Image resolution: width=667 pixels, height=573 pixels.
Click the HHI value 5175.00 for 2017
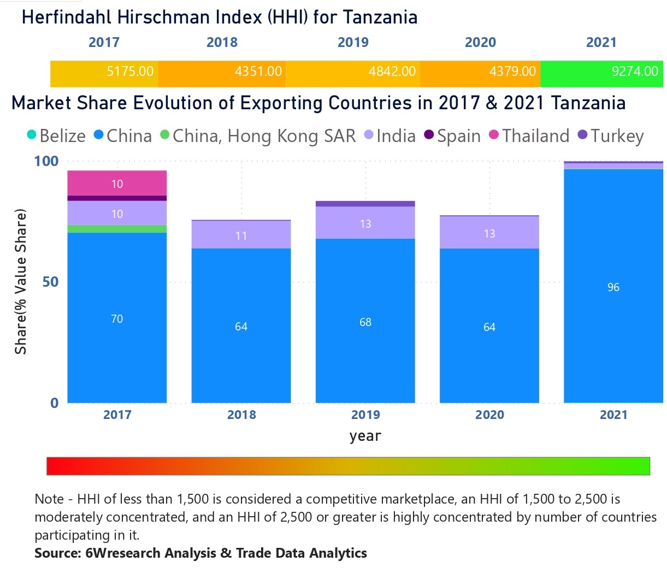tap(130, 72)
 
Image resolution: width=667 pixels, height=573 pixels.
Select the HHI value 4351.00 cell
tap(258, 72)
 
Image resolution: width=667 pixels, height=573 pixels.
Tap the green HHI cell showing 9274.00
tap(634, 72)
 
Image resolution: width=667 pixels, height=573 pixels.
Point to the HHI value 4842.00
tap(392, 72)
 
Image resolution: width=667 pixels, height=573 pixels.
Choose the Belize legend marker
tap(32, 135)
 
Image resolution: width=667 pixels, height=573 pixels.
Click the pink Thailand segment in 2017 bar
tap(117, 183)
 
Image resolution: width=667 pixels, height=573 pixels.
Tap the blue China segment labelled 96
tap(613, 287)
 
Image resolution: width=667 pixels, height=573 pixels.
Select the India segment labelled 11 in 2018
tap(241, 235)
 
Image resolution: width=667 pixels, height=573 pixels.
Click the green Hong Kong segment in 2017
tap(117, 228)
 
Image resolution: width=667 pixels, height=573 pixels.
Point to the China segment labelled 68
tap(365, 322)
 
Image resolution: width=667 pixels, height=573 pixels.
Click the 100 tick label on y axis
tap(46, 161)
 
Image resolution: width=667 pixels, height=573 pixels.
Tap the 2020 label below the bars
tap(489, 415)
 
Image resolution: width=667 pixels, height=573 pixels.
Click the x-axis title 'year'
tap(365, 436)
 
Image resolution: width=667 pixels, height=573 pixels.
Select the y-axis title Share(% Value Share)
tap(21, 282)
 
